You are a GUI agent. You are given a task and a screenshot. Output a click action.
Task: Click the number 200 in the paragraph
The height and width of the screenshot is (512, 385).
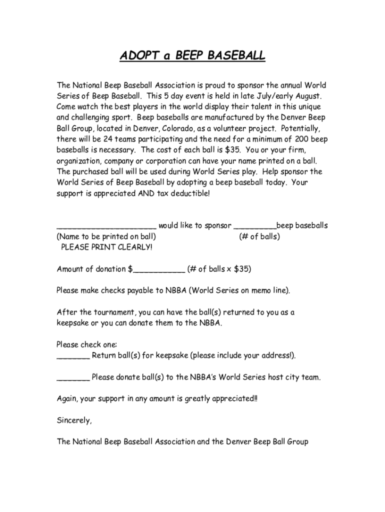(x=302, y=139)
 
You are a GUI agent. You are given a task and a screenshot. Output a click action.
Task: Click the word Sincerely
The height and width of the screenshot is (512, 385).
(x=74, y=420)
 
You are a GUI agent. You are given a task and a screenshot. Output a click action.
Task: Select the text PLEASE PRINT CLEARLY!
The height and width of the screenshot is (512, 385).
(x=106, y=247)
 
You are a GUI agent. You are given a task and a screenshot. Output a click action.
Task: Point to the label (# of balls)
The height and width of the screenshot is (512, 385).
(x=259, y=236)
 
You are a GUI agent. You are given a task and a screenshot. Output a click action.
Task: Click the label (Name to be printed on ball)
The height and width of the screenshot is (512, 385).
(x=106, y=236)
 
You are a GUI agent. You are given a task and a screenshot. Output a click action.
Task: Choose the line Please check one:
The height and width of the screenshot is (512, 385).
(x=86, y=344)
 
